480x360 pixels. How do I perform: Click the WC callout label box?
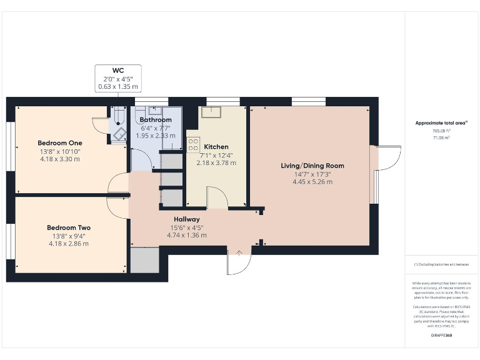click(118, 79)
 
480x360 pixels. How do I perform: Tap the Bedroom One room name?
click(59, 143)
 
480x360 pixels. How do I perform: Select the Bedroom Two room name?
click(68, 227)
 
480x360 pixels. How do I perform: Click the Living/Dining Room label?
click(312, 166)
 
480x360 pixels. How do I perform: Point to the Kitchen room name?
click(216, 147)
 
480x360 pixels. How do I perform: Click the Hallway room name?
click(186, 219)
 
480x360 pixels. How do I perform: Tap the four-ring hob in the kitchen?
click(193, 145)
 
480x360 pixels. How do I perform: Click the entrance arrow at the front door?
click(239, 252)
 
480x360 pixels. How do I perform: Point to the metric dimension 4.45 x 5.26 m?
click(312, 182)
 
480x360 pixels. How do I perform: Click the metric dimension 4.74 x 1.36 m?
click(186, 235)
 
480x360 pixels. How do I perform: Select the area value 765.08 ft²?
click(441, 131)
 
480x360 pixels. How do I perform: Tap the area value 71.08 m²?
click(441, 137)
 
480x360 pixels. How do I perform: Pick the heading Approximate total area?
click(441, 123)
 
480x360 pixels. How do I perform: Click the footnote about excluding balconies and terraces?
click(441, 265)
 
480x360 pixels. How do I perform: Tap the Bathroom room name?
click(156, 119)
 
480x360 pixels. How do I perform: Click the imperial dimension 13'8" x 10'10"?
click(59, 151)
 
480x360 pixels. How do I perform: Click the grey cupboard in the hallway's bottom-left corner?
click(144, 260)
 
